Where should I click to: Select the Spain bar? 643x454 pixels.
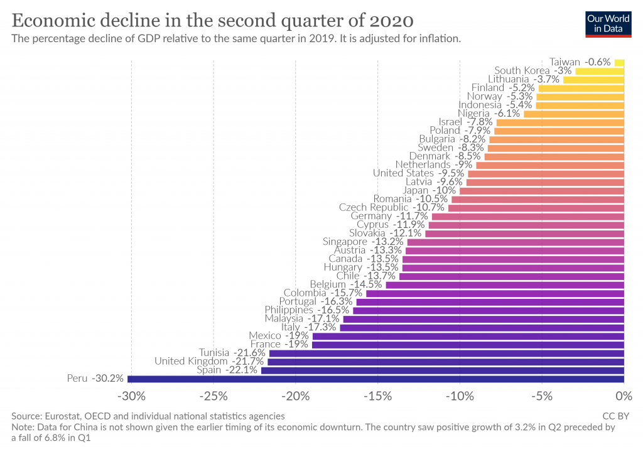click(x=442, y=370)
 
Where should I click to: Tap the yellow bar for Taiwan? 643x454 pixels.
click(x=619, y=62)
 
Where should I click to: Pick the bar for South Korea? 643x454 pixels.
click(x=600, y=71)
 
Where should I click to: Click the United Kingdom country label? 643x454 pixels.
click(x=191, y=362)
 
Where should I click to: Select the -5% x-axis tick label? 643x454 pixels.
click(x=543, y=397)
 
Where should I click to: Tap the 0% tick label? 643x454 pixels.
click(x=624, y=397)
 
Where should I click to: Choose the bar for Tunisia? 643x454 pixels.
click(x=446, y=353)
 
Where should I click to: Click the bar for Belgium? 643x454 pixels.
click(x=504, y=284)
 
